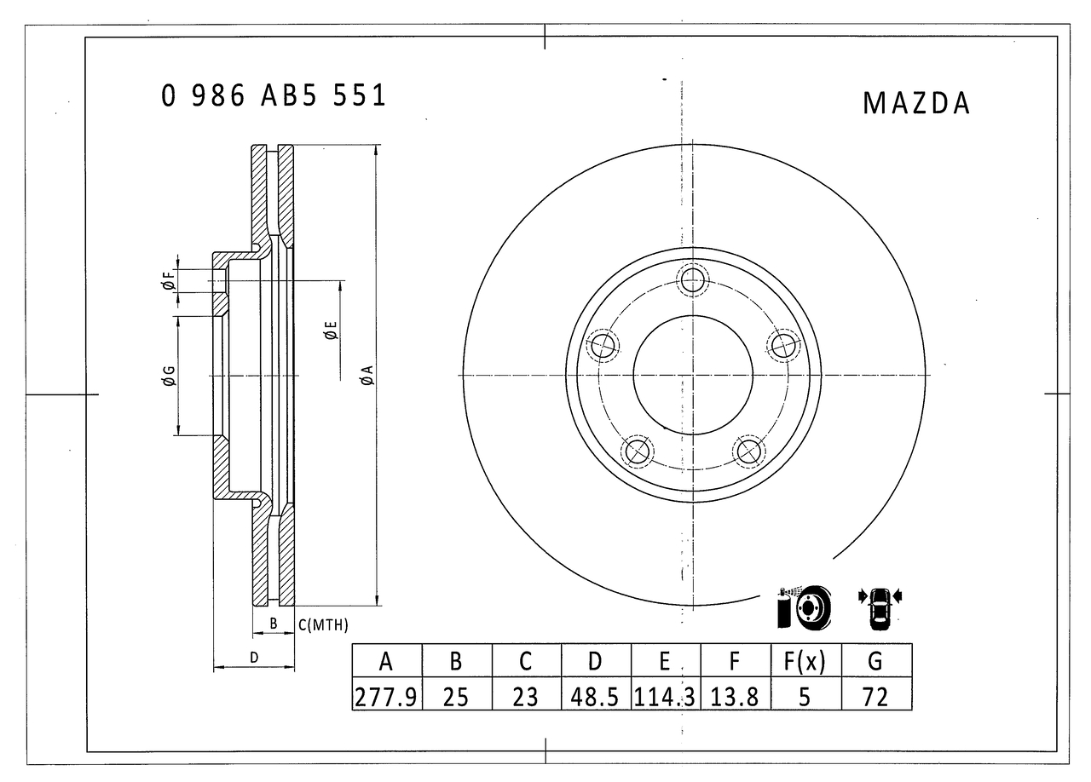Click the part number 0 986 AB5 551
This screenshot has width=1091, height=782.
(274, 96)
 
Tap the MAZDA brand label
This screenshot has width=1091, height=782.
(916, 103)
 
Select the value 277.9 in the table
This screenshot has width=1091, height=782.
(386, 697)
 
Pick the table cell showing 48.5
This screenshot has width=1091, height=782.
(596, 697)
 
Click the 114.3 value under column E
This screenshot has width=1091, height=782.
(665, 697)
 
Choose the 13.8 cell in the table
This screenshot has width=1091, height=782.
(735, 697)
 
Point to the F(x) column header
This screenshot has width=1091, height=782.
(805, 661)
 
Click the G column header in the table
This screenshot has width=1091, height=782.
(875, 661)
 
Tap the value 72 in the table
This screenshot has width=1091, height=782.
(875, 697)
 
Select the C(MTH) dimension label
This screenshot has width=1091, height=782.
(323, 625)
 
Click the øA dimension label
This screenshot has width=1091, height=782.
(367, 376)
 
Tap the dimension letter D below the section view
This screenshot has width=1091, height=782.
(254, 657)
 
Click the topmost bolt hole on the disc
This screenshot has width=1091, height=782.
(693, 279)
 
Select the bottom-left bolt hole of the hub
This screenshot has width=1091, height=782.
(637, 451)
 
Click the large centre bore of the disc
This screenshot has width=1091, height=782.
(693, 375)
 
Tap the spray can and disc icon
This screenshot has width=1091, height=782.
(802, 607)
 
